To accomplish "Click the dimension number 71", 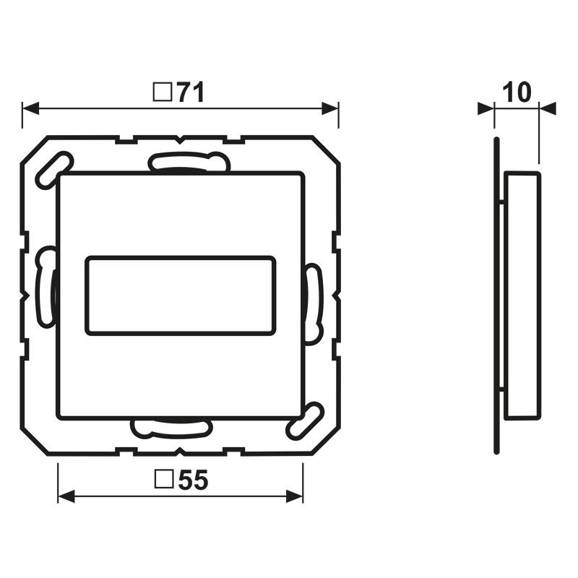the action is point(191,92).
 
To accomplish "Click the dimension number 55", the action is point(194,480).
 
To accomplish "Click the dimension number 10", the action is point(517,92).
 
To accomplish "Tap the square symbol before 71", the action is point(163,92).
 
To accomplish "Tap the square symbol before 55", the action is point(165,480).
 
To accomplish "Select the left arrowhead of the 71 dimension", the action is point(30,109).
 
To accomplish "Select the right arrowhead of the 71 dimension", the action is point(330,109).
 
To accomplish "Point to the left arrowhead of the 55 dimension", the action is point(66,496).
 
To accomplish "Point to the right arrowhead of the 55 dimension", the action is point(295,496).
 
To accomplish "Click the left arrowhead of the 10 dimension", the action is point(486,109).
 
